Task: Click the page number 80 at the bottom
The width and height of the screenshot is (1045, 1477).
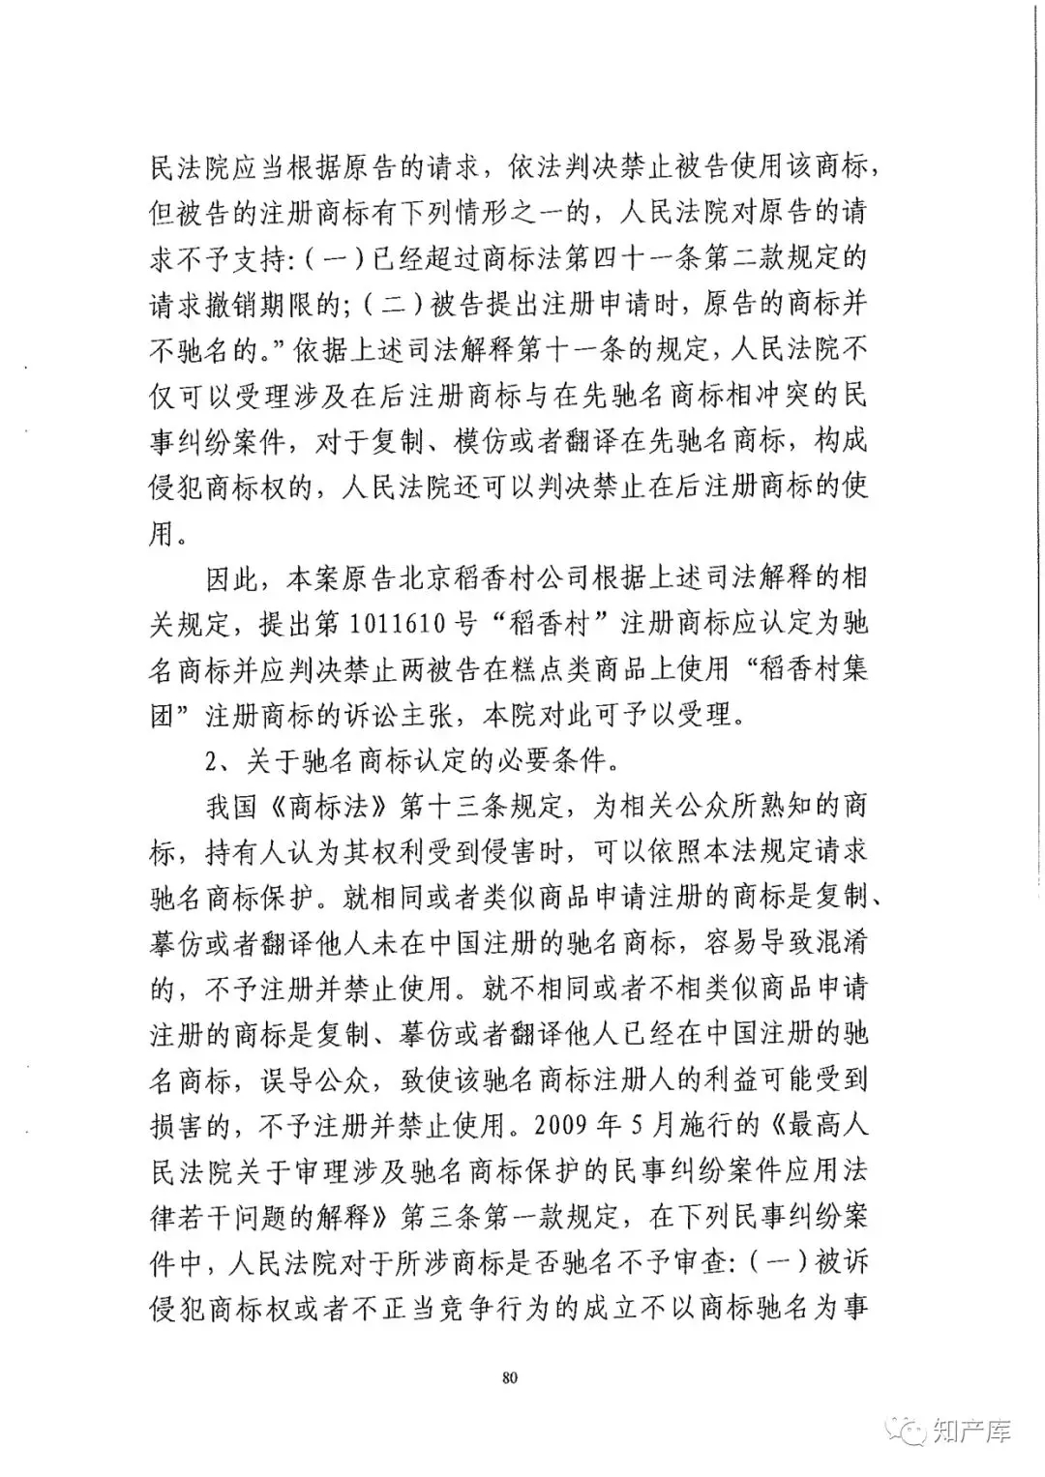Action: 512,1376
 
